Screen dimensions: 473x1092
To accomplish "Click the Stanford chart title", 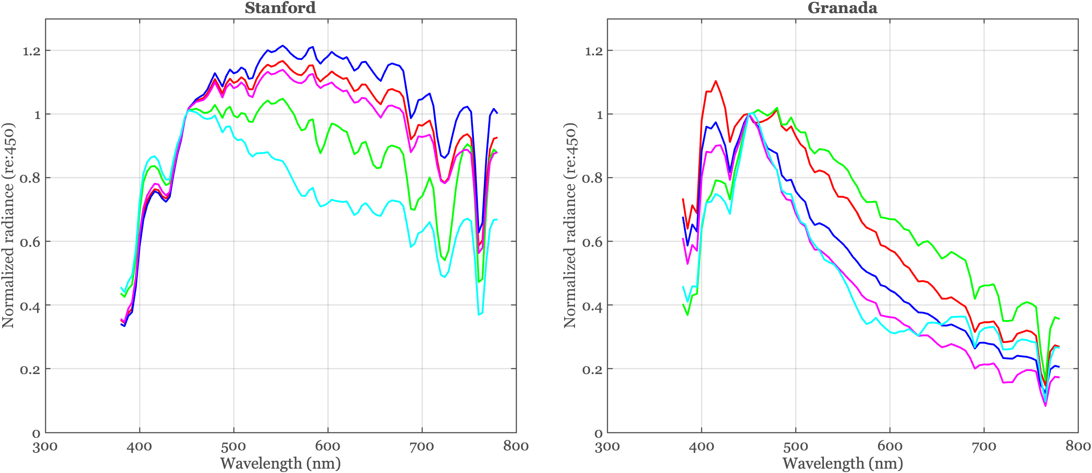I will click(280, 8).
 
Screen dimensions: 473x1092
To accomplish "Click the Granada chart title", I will click(842, 8).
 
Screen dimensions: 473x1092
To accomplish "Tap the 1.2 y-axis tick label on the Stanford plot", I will click(31, 51).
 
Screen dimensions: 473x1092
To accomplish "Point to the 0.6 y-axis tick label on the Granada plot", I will click(593, 242).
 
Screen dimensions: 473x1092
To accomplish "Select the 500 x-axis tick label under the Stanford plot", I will click(234, 446).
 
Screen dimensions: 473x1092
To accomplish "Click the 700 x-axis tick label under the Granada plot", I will click(984, 446).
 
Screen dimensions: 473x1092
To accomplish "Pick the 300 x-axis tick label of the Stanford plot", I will click(45, 446).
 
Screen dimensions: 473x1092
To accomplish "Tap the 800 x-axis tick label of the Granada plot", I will click(1078, 446).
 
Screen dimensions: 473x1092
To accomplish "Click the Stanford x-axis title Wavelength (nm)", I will click(280, 463).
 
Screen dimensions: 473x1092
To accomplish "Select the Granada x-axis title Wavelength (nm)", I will click(842, 463).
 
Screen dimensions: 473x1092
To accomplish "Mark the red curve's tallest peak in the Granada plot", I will click(716, 81).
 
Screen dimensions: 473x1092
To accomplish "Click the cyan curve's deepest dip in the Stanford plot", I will click(479, 314).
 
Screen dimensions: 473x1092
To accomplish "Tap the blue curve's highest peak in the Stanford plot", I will click(282, 45).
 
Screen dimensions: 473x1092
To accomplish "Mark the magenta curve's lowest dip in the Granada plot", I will click(1045, 406).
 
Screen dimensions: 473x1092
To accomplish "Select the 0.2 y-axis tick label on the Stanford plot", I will click(31, 370).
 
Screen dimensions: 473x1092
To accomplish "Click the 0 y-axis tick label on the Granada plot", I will click(598, 434).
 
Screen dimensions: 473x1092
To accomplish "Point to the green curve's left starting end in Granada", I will click(683, 305).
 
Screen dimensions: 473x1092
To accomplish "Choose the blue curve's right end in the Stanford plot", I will click(497, 113).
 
